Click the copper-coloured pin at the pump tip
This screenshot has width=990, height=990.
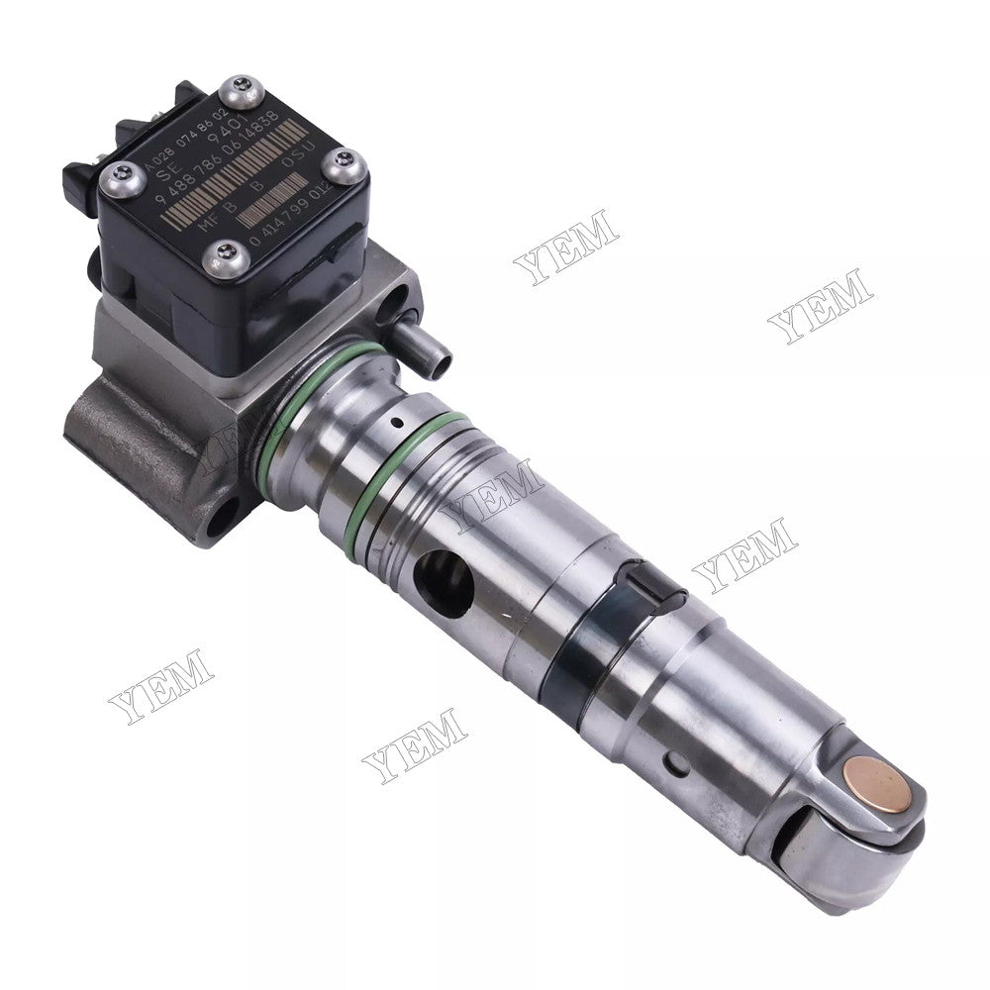880,781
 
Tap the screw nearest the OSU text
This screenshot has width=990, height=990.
345,166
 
